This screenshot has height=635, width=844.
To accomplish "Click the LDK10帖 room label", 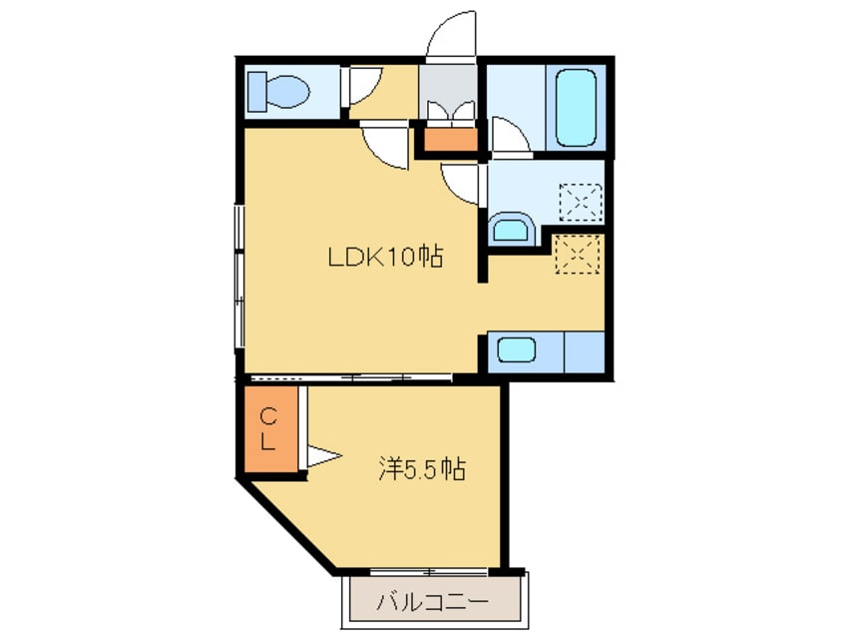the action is click(x=385, y=257).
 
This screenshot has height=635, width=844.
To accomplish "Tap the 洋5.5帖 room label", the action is click(x=422, y=469).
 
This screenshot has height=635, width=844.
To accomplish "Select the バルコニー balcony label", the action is click(x=433, y=600).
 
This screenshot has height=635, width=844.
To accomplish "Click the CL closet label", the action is click(x=269, y=429).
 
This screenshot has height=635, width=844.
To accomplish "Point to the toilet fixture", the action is click(x=277, y=91).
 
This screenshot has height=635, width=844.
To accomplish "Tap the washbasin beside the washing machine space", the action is click(x=512, y=229).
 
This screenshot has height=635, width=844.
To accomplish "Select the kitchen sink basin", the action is click(x=516, y=350).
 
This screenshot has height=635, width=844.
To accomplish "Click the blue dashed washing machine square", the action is click(x=581, y=202).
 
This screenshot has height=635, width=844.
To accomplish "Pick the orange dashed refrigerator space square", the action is click(x=578, y=254).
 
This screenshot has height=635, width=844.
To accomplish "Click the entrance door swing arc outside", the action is click(x=450, y=33).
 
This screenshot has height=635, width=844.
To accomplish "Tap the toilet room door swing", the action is click(x=364, y=85).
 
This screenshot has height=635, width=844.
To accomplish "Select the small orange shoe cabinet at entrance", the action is click(x=451, y=140).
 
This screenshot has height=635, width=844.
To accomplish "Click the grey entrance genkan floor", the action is click(x=448, y=91).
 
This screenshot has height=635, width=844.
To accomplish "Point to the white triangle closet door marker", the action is click(x=323, y=456).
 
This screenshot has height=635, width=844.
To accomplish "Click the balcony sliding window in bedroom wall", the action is click(x=429, y=571).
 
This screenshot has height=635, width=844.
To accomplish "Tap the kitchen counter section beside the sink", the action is click(x=584, y=352).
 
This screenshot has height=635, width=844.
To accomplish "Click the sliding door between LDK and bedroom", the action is click(x=350, y=377).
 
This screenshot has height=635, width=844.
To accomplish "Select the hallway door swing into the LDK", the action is click(x=385, y=147).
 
